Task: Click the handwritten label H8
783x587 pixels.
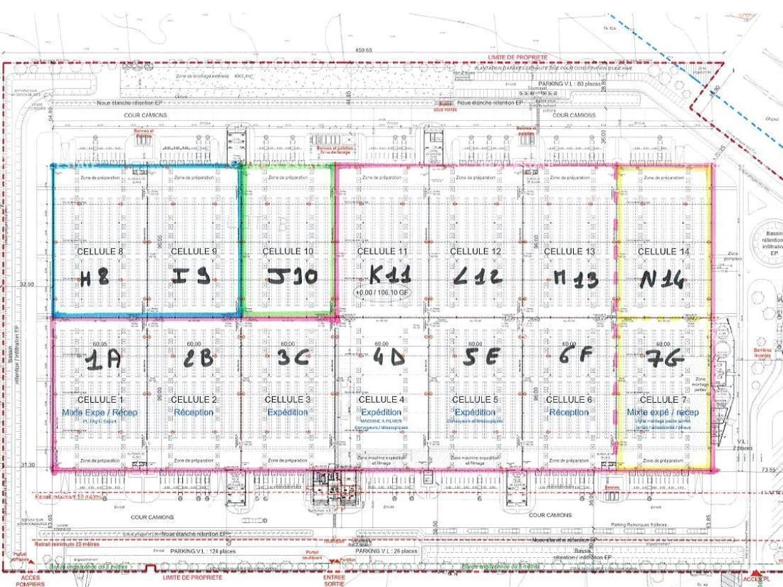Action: [x=94, y=279]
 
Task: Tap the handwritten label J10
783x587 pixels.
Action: [x=288, y=277]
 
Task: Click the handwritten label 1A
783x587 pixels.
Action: [x=103, y=361]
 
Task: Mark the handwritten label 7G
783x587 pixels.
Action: [x=663, y=359]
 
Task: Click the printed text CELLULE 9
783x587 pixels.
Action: [x=194, y=251]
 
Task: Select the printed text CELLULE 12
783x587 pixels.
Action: [x=475, y=251]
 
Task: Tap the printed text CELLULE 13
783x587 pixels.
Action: [x=569, y=251]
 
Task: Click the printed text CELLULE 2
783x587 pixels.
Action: [x=194, y=400]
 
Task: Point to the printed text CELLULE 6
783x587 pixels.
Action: [x=569, y=400]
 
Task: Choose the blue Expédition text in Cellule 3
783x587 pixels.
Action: [x=288, y=412]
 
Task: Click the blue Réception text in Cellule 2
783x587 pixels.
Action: [x=194, y=412]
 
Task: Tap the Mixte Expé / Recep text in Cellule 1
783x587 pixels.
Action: [x=100, y=412]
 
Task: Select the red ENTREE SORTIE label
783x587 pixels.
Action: [x=329, y=580]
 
